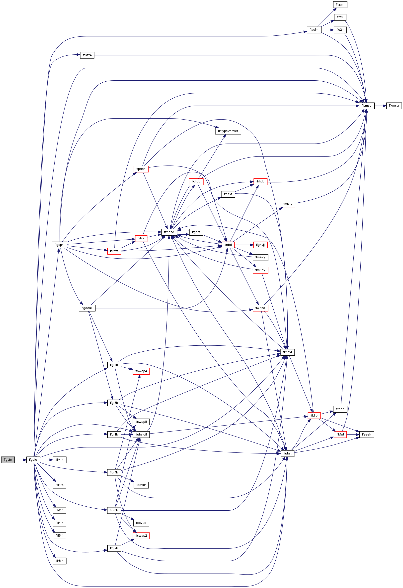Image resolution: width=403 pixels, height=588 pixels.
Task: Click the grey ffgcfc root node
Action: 8,460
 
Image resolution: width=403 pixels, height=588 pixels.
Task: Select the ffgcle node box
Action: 33,460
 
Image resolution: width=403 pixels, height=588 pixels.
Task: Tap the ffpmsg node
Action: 367,106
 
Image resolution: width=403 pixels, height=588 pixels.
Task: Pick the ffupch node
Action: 340,4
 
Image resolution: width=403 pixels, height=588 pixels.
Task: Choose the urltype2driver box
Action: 228,131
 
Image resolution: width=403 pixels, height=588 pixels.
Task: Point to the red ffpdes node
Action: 141,169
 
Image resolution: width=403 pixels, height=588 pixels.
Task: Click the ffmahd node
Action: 169,232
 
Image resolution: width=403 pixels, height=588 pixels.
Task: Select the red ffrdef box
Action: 228,245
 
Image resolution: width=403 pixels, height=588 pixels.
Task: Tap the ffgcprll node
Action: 59,245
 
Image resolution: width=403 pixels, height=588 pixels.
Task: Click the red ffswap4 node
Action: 141,371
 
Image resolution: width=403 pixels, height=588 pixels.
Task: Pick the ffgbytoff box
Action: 141,435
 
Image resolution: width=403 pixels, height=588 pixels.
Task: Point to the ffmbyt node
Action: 288,352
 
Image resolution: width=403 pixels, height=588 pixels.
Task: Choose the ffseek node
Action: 366,435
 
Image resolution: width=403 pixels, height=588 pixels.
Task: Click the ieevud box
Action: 141,523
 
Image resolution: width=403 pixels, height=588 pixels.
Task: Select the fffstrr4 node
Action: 87,55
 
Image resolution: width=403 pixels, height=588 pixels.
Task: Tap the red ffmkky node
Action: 288,204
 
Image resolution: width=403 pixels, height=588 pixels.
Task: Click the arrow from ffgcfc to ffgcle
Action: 20,460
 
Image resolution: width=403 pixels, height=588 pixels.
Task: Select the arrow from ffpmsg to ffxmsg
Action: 380,106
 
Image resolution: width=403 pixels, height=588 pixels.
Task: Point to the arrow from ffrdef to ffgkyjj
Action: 244,245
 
